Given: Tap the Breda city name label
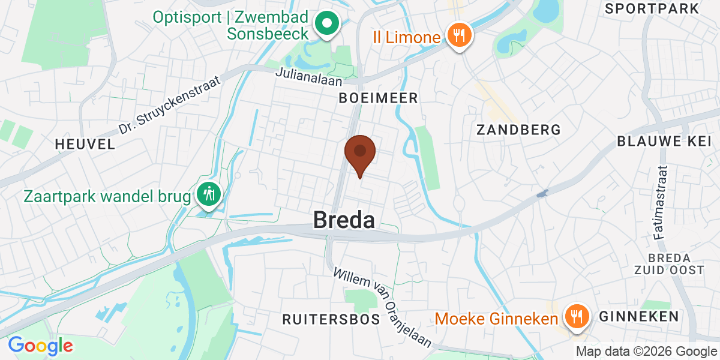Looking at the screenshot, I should point(344,220).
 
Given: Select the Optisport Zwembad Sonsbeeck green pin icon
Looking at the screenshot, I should point(328,25).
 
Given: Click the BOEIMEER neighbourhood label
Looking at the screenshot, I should point(378,98).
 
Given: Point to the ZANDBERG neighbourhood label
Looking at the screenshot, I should point(518,130).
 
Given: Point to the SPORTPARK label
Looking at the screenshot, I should point(652,8).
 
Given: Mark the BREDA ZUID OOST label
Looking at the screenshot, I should point(669,264).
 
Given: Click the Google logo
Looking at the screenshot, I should point(40,346).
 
